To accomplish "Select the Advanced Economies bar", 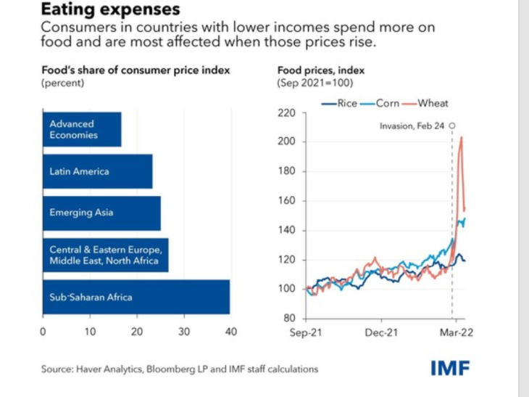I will click(x=81, y=130).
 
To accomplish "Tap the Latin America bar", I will click(x=97, y=172).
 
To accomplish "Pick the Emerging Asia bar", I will click(x=101, y=213).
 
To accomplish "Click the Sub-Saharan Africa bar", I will click(x=136, y=297).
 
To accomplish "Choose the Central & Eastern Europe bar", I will click(x=105, y=255).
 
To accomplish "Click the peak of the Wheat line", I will click(x=462, y=137).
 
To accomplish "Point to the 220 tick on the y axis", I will click(x=287, y=113).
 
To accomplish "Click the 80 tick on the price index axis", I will click(x=289, y=319).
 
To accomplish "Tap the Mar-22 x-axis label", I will click(x=454, y=332).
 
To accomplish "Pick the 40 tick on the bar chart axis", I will click(x=230, y=332).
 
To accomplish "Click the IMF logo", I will click(x=450, y=367).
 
